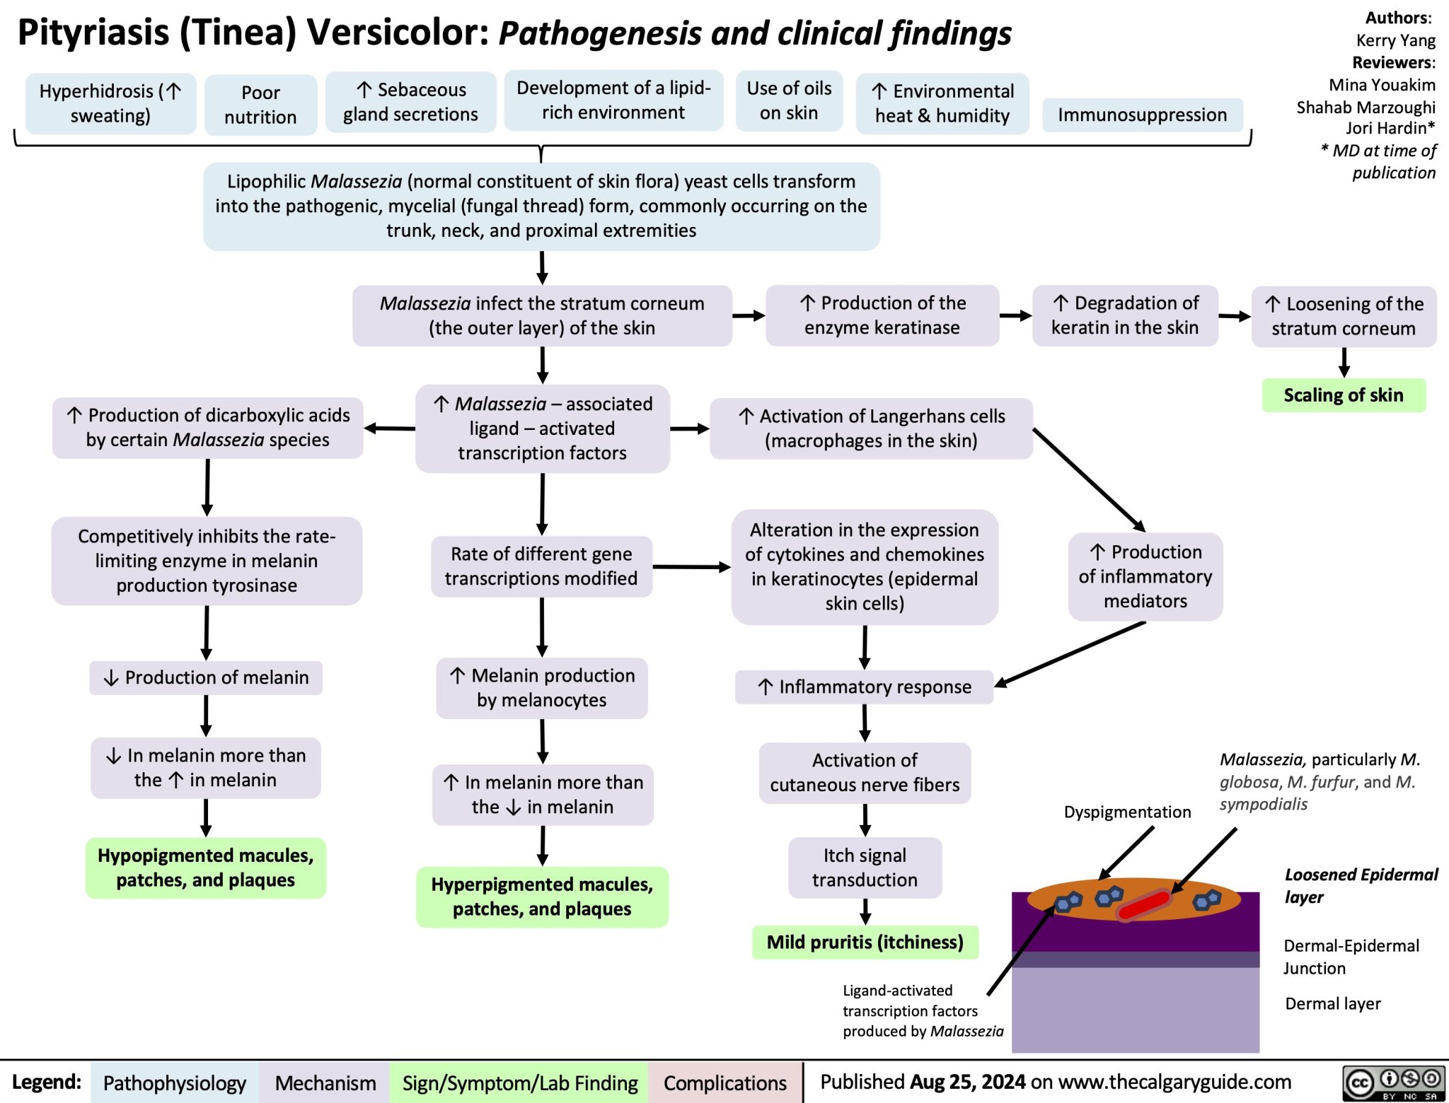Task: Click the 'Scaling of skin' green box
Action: (1344, 395)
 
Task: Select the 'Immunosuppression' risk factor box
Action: (1142, 115)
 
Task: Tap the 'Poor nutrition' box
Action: (260, 105)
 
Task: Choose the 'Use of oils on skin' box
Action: (789, 100)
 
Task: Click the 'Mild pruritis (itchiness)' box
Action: (865, 942)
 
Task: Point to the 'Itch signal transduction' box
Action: (865, 868)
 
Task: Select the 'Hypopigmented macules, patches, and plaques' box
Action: (205, 868)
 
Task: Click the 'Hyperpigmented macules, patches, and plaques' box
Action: (542, 897)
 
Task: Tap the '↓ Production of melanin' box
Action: (206, 677)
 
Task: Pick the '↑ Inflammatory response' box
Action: (864, 687)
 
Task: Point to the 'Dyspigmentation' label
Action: (1127, 812)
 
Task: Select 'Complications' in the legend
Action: (724, 1082)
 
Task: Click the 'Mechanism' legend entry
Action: (325, 1082)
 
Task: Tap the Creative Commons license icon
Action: (1393, 1082)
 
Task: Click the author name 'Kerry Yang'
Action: (1395, 40)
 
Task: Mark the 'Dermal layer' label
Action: (1332, 1003)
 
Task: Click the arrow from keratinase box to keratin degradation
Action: (1015, 316)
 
